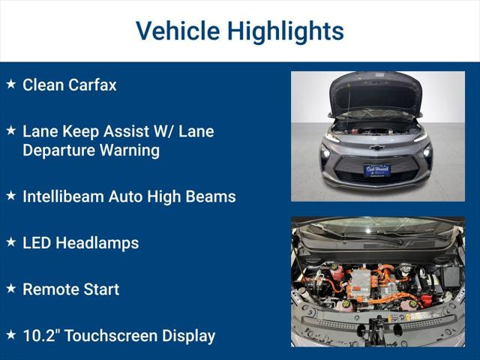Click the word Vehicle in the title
[177, 31]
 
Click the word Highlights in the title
[286, 31]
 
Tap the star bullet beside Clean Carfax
[10, 84]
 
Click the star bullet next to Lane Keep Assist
[10, 130]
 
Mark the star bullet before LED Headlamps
[10, 242]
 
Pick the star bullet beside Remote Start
[10, 289]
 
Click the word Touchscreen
[108, 335]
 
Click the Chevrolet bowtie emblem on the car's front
[377, 147]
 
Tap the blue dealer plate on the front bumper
[377, 169]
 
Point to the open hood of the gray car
[376, 92]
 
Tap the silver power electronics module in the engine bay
[363, 283]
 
